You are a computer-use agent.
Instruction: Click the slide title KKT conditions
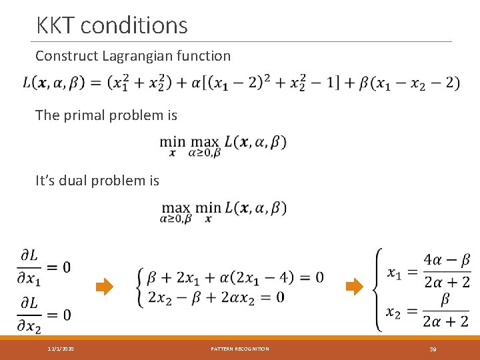pos(112,25)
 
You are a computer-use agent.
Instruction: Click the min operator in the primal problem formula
pos(172,142)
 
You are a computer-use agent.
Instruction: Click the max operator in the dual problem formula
pos(175,208)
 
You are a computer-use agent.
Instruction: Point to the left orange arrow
pos(105,287)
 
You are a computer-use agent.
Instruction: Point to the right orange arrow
pos(354,287)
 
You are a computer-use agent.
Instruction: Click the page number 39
pos(433,349)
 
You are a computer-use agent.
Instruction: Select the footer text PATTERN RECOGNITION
pos(240,349)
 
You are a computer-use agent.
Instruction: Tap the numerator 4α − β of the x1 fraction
pos(447,259)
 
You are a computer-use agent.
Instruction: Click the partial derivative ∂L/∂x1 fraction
pos(30,267)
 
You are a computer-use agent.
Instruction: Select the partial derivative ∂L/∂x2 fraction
pos(30,313)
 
